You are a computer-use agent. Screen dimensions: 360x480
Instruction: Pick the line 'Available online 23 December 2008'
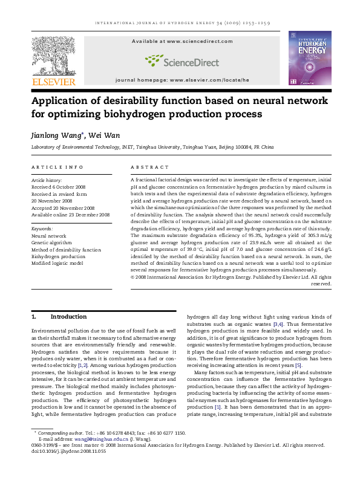[x=70, y=215]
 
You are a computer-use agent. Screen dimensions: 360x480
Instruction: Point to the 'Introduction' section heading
[x=68, y=316]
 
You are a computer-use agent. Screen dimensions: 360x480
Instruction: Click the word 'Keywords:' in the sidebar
[x=42, y=229]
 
